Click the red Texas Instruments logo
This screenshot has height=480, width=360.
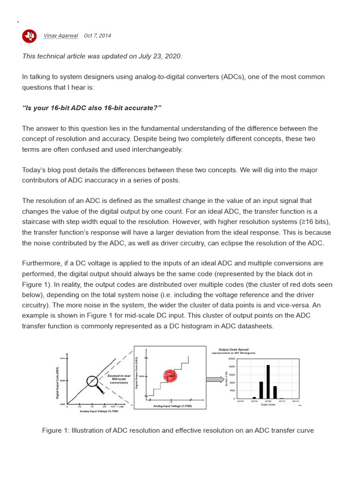[29, 36]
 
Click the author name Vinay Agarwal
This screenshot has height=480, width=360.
[60, 36]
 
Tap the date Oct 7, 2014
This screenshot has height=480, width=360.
[97, 36]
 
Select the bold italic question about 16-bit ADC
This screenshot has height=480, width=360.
[91, 108]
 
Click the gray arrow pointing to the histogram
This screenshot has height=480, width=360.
[215, 379]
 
